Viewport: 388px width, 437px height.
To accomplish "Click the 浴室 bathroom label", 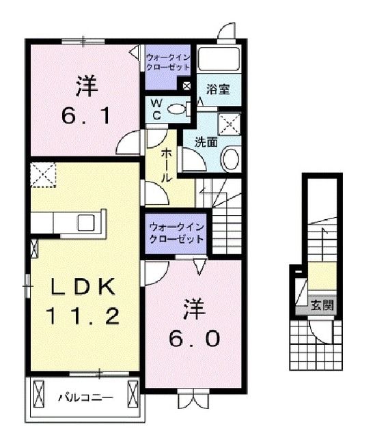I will [218, 89].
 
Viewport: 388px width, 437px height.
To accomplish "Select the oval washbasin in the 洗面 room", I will [230, 159].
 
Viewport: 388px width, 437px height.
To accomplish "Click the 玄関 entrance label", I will [322, 305].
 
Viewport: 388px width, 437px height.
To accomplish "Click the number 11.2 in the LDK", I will [83, 315].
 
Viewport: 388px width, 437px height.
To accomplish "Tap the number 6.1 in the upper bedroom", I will [85, 117].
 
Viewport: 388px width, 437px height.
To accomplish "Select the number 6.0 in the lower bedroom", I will [194, 338].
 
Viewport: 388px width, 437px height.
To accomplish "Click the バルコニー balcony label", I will [84, 396].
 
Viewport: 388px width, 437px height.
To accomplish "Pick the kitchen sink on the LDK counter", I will [87, 223].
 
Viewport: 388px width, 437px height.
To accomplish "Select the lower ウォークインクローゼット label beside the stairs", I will [176, 233].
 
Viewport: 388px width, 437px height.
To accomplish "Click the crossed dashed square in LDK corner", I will [43, 173].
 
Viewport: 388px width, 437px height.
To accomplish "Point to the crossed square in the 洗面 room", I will [228, 125].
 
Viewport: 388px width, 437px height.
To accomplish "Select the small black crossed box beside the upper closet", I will [186, 85].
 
